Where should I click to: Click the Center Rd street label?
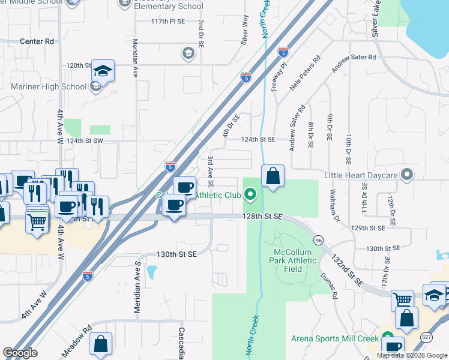(x=37, y=41)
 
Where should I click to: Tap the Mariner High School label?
(x=49, y=86)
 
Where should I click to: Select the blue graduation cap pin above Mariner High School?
(x=103, y=71)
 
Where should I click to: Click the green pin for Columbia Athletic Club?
(x=251, y=194)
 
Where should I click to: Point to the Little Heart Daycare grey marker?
(x=408, y=175)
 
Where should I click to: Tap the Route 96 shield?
(x=318, y=240)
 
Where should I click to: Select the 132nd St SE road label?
(x=346, y=271)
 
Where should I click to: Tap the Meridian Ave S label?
(x=137, y=286)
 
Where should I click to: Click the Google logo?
(x=20, y=353)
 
